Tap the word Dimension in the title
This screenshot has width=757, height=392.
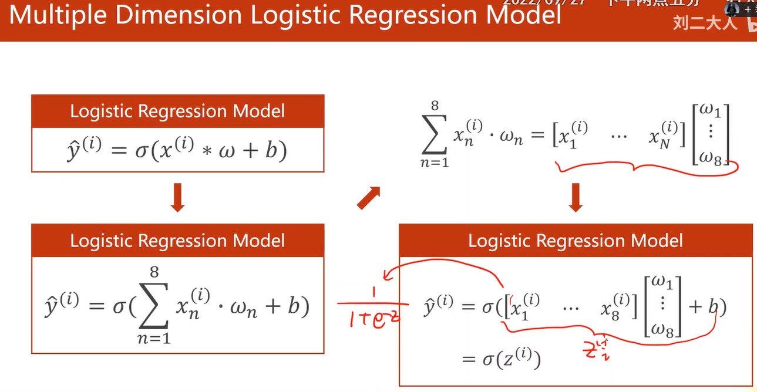point(179,15)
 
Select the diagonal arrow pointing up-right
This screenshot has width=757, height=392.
point(368,198)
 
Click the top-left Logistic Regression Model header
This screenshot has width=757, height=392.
point(177,111)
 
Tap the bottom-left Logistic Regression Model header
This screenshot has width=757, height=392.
point(177,240)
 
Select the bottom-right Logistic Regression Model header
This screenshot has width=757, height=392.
point(576,240)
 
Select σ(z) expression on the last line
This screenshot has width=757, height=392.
point(510,359)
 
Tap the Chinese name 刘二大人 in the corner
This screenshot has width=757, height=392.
point(705,23)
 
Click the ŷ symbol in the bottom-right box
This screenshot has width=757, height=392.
point(438,307)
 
